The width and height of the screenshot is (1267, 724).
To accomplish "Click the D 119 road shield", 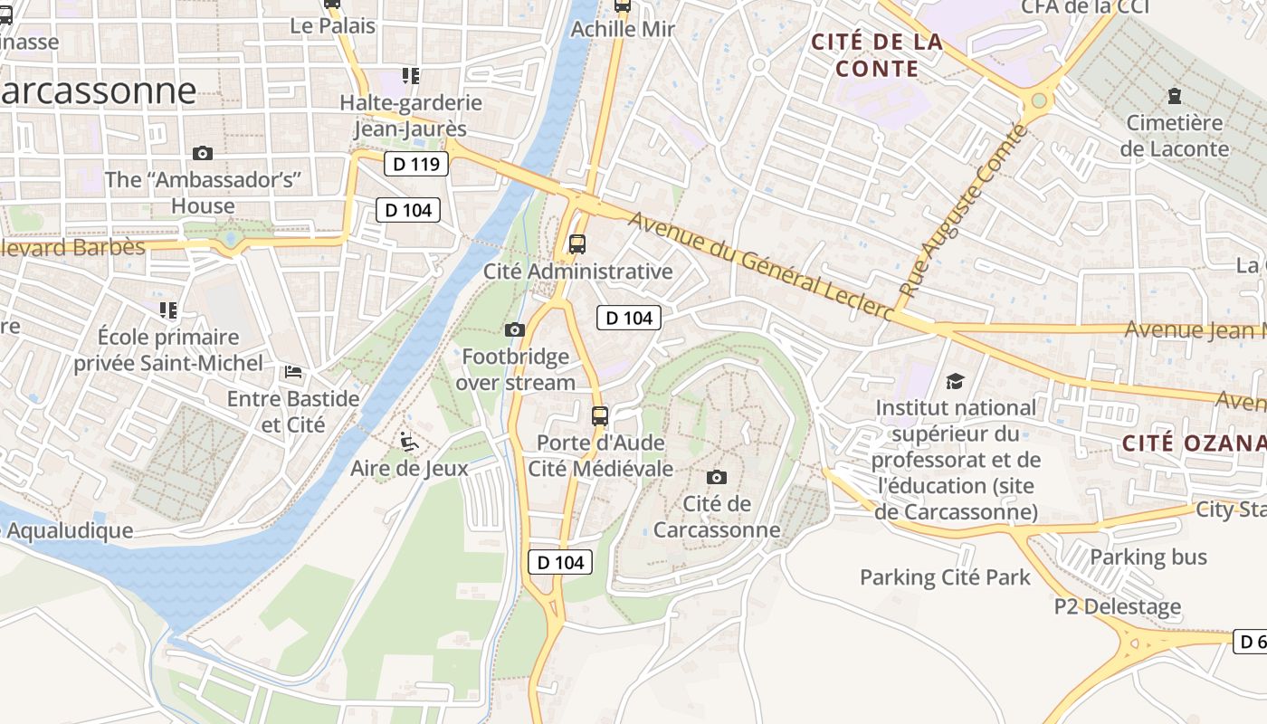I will tap(416, 164).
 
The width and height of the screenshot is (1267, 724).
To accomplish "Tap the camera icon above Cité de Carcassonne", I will tap(716, 477).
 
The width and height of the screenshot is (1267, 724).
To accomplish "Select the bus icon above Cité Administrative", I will tap(576, 243).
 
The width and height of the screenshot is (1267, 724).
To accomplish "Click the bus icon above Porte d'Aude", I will tap(599, 416).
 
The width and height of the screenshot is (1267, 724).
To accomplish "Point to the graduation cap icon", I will tap(955, 381).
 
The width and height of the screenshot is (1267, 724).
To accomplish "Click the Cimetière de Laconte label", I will tap(1174, 136).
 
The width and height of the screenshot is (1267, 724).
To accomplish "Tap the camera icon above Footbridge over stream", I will tap(515, 329).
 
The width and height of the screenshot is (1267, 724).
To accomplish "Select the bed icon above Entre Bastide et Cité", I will tap(293, 372).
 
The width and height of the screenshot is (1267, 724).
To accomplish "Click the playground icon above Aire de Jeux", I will tap(409, 442).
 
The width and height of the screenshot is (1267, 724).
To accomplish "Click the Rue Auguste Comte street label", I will tap(966, 211).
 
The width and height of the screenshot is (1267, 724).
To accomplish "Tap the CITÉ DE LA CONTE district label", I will tap(876, 55).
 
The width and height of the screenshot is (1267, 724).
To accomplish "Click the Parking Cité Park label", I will tap(945, 576).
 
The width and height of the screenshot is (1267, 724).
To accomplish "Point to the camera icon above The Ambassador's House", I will tap(203, 153).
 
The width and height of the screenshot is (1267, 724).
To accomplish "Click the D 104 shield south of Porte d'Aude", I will tap(560, 562).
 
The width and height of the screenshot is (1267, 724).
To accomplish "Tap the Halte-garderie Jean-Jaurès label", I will tap(410, 116).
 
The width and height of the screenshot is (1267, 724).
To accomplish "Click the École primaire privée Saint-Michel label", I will tap(168, 350).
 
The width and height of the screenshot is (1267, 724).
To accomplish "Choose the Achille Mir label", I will tap(623, 29).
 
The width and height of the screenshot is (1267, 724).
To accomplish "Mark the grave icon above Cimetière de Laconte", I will tap(1174, 95).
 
